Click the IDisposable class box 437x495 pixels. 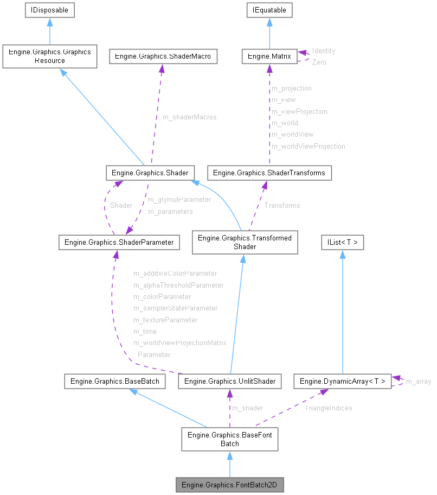49,10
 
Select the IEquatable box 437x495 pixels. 269,10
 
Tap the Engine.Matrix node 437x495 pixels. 269,56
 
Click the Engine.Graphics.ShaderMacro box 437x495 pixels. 163,56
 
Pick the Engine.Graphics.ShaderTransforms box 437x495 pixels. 269,173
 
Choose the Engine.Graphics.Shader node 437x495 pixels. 150,173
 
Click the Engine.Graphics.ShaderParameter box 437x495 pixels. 119,242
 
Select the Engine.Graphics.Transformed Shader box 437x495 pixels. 245,242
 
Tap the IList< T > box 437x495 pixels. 342,242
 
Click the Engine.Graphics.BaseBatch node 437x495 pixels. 112,382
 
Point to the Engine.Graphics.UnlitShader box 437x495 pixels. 229,382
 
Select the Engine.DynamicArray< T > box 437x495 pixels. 342,382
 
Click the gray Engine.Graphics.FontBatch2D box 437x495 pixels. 229,485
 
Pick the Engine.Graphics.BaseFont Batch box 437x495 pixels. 229,439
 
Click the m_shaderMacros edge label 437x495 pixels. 189,117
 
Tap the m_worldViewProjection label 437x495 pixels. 308,146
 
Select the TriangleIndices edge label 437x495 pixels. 328,408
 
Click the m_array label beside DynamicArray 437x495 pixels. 418,382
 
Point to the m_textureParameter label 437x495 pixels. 165,320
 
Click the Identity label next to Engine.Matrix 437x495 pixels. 323,50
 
